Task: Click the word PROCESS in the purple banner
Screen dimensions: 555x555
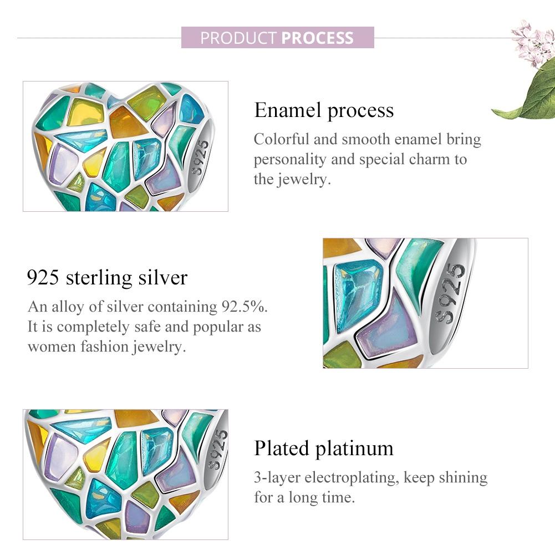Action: (318, 38)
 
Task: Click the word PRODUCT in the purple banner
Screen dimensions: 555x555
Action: (238, 38)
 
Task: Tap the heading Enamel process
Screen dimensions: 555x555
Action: (324, 111)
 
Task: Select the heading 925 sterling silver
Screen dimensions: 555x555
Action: (107, 277)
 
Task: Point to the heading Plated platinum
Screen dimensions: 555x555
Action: (324, 449)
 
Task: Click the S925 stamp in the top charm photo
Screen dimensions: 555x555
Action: (200, 157)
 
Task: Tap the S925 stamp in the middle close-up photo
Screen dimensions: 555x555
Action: (450, 293)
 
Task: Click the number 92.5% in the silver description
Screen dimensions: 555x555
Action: (244, 307)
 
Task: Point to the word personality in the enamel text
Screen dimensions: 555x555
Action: (290, 160)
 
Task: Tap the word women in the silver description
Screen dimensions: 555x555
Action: (52, 347)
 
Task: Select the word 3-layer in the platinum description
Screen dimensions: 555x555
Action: (277, 478)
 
